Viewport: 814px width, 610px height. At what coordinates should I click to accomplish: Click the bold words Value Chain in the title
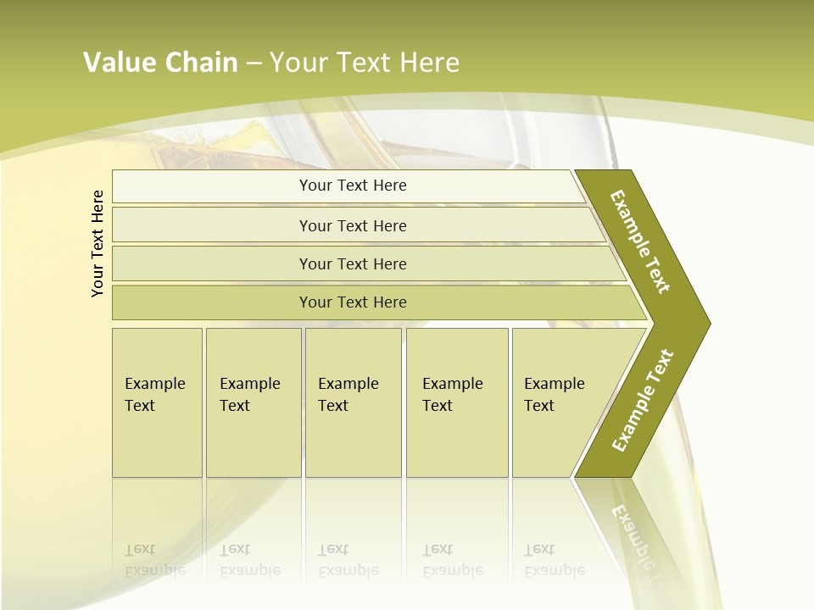pyautogui.click(x=160, y=63)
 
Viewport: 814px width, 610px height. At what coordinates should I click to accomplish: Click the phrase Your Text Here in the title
pyautogui.click(x=365, y=63)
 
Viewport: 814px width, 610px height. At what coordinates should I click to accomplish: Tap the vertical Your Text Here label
pyautogui.click(x=98, y=243)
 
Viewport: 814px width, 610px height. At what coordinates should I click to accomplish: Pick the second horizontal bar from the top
pyautogui.click(x=352, y=225)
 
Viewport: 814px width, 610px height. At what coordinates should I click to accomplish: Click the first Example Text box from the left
pyautogui.click(x=157, y=402)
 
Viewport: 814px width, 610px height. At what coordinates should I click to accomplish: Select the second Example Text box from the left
pyautogui.click(x=253, y=402)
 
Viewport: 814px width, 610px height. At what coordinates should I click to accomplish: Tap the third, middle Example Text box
pyautogui.click(x=353, y=402)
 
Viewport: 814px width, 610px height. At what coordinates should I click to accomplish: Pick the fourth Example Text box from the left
pyautogui.click(x=457, y=402)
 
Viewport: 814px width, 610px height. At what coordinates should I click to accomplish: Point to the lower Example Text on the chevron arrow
pyautogui.click(x=642, y=400)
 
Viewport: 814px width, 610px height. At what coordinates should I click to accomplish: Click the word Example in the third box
pyautogui.click(x=348, y=384)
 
